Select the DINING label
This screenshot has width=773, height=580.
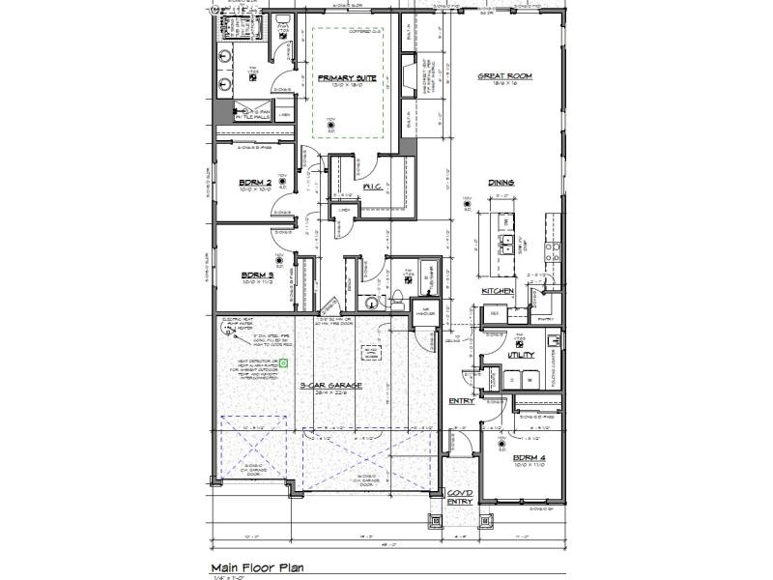coord(501,183)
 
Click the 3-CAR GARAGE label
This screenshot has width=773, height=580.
coord(330,386)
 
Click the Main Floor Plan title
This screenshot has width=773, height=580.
coord(259,568)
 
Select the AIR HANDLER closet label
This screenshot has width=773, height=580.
coord(426,313)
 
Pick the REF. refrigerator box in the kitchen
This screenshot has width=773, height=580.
coord(494,313)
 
